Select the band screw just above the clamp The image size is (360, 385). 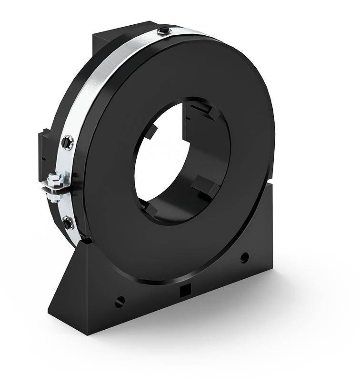pyautogui.click(x=67, y=142)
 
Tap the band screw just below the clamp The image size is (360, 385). pyautogui.click(x=68, y=222)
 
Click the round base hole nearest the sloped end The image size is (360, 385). pyautogui.click(x=120, y=301)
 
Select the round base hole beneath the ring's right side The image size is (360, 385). pyautogui.click(x=244, y=258)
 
